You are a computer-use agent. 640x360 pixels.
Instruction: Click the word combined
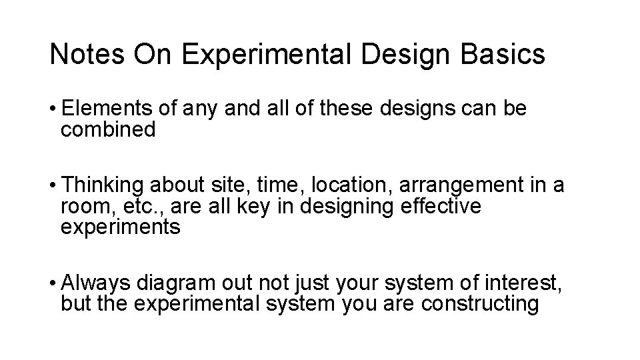[x=108, y=129]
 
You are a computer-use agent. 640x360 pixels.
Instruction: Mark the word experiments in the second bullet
[x=120, y=227]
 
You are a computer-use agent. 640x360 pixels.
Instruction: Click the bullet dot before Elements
[x=53, y=109]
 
